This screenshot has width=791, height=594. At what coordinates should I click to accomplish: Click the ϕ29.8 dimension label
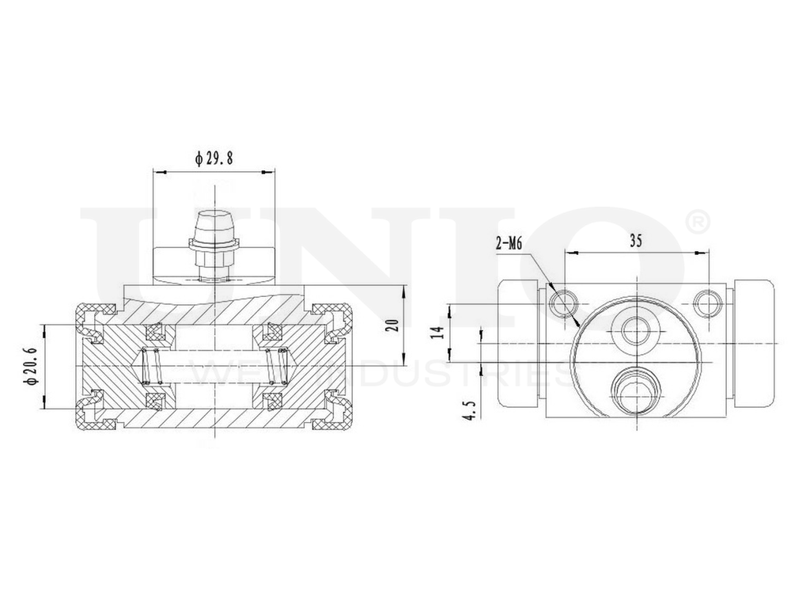214,158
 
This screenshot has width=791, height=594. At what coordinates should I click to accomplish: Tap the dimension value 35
635,242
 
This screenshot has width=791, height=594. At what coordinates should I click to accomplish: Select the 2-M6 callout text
509,246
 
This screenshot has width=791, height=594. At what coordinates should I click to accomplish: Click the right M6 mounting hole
706,302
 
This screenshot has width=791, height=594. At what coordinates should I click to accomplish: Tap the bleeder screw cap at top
214,221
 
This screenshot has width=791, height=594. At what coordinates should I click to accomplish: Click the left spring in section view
153,366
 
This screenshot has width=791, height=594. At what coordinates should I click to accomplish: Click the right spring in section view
276,366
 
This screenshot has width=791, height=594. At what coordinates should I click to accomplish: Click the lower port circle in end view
634,390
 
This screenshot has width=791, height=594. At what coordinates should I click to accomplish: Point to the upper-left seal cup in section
153,332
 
